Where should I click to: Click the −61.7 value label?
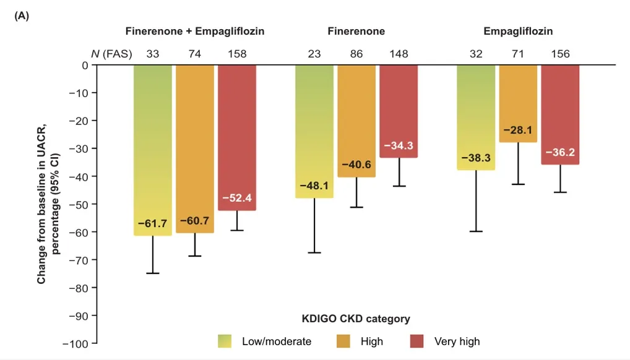(x=152, y=223)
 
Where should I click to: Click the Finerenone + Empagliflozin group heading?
(x=195, y=31)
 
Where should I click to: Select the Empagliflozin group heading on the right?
(x=519, y=31)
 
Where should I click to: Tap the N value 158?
(x=237, y=54)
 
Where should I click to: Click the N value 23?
(x=314, y=54)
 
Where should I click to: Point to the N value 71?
(x=518, y=54)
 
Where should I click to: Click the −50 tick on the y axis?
(x=80, y=204)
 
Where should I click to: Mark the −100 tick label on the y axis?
(x=78, y=343)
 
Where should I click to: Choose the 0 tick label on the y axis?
(x=85, y=65)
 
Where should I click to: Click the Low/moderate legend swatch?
(x=224, y=341)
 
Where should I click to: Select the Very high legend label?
(x=457, y=341)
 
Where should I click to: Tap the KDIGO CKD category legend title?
(x=356, y=319)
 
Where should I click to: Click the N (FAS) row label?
(x=112, y=54)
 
